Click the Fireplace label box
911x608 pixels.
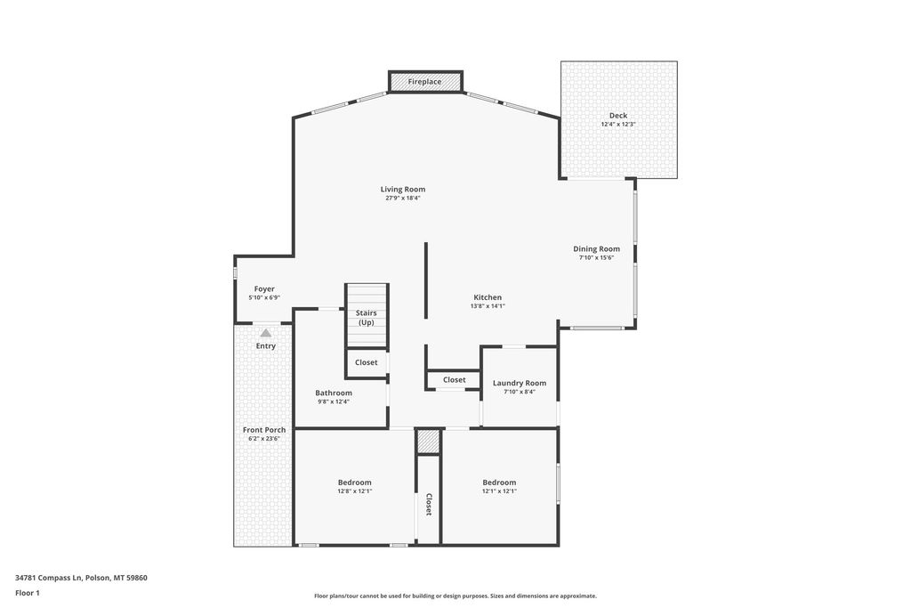[425, 82]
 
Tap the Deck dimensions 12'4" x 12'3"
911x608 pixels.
[617, 125]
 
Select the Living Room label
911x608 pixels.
[403, 189]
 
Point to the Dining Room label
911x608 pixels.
[596, 249]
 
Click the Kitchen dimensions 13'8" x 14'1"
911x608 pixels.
[488, 306]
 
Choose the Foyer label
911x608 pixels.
[264, 288]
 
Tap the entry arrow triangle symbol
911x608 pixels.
[265, 332]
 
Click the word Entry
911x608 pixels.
[266, 346]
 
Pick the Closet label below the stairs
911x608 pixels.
[367, 362]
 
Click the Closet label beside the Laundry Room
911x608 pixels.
[454, 380]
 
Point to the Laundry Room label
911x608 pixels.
[520, 383]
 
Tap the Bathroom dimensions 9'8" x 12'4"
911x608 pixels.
[334, 401]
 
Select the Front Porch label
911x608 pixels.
[265, 430]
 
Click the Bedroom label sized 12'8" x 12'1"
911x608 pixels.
[354, 482]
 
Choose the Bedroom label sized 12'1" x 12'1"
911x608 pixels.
[499, 482]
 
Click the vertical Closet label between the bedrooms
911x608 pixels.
[428, 505]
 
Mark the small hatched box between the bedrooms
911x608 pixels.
[429, 442]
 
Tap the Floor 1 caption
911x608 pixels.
[28, 593]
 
